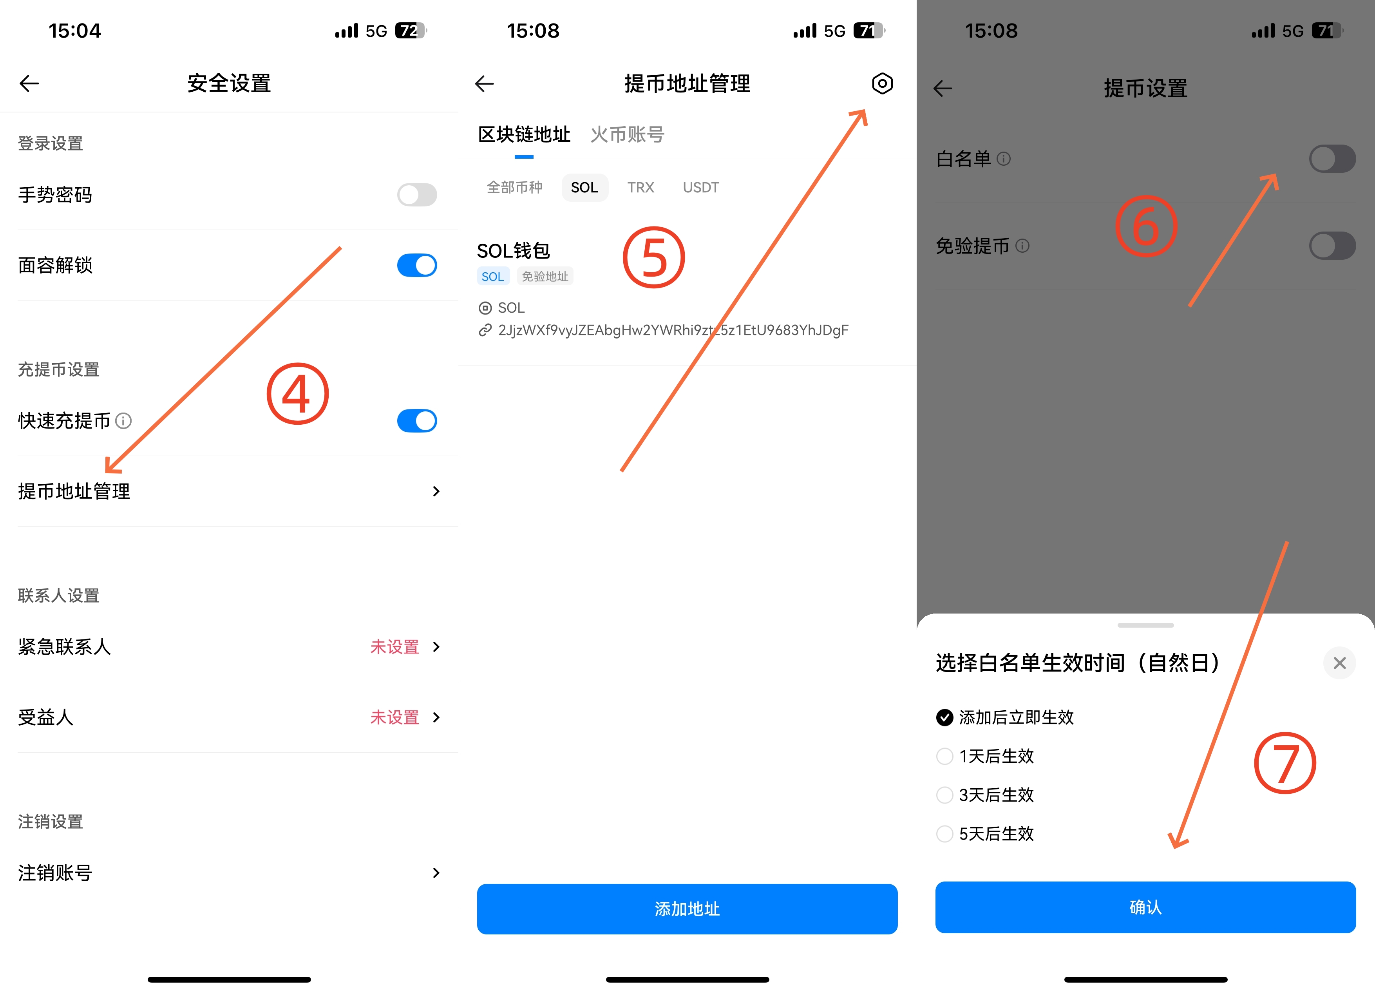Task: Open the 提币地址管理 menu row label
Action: (74, 491)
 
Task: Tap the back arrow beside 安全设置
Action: (29, 83)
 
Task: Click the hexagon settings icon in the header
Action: (882, 83)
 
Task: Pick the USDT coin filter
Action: (700, 187)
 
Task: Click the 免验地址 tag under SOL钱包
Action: (545, 277)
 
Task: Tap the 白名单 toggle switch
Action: (1332, 158)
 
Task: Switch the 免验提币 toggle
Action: (1332, 246)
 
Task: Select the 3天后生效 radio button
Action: (944, 795)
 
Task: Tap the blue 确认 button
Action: (1145, 907)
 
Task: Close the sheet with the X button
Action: (1339, 663)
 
